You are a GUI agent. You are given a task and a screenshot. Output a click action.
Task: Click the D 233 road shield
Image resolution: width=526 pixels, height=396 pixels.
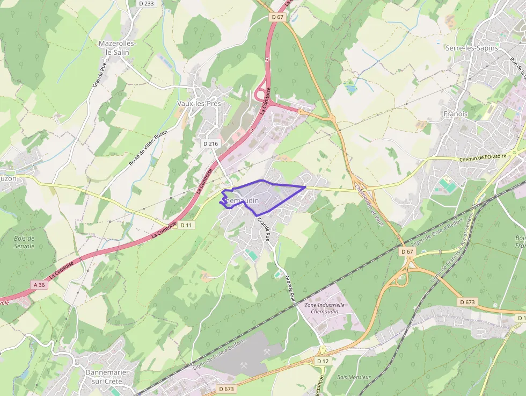click(x=146, y=3)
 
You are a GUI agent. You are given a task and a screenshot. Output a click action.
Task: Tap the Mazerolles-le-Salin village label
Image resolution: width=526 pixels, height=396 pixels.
click(x=118, y=47)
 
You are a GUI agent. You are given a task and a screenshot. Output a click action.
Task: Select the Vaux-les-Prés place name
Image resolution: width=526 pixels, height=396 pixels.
click(x=199, y=103)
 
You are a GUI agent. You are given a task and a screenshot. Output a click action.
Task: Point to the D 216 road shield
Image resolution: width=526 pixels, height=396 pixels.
click(x=211, y=143)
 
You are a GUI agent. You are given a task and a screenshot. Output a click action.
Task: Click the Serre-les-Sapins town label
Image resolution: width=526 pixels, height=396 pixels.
click(x=471, y=48)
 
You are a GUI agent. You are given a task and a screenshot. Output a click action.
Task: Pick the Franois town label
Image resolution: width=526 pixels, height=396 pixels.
click(x=456, y=114)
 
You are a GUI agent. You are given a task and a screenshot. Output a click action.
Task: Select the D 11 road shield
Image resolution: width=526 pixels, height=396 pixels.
click(x=186, y=225)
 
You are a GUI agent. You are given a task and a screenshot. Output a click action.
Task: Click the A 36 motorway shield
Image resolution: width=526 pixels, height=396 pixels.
click(x=39, y=285)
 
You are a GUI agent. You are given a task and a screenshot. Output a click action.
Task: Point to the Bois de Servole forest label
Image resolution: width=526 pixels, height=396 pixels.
click(x=25, y=242)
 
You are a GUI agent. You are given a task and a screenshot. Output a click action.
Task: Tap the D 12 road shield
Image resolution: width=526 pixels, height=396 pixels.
click(x=322, y=361)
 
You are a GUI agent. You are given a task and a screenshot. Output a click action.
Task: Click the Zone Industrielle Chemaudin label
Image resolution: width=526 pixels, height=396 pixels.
click(x=325, y=308)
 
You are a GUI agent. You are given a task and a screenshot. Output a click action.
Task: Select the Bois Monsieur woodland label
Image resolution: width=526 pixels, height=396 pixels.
click(x=354, y=377)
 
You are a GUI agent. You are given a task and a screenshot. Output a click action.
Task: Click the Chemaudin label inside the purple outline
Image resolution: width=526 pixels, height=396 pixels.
click(x=240, y=200)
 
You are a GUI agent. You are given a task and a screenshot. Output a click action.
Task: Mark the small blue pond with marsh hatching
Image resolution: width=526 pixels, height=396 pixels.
click(x=351, y=87)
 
